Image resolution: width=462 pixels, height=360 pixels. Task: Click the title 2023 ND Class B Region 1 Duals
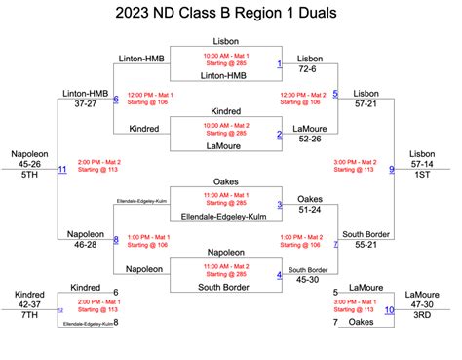(231, 13)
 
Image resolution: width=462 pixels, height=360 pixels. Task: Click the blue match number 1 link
(279, 64)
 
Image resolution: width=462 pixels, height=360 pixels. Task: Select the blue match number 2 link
(279, 135)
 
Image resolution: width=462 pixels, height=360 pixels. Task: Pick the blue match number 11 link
(62, 169)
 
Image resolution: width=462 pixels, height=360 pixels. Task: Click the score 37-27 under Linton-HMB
(85, 102)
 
